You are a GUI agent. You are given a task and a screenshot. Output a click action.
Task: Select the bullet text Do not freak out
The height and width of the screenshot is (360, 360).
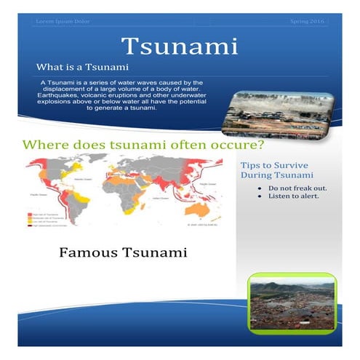(x=297, y=188)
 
